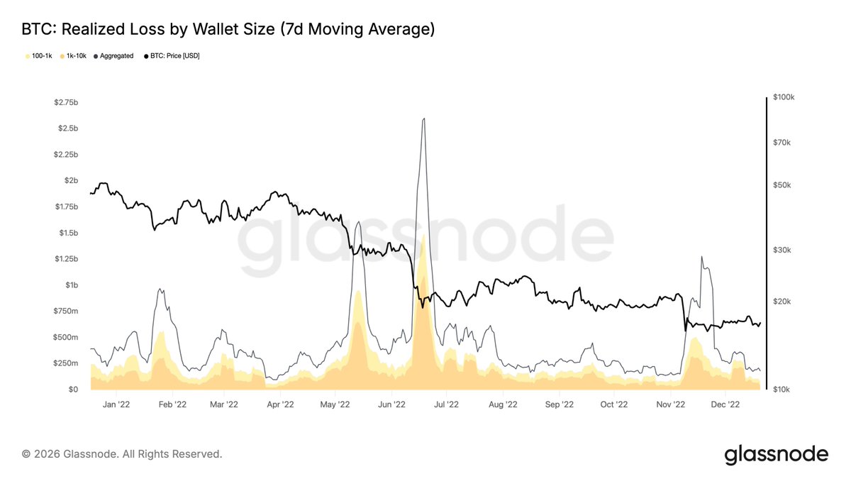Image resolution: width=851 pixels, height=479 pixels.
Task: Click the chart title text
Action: click(x=228, y=30)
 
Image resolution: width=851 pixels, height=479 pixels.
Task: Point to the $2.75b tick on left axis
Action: click(x=66, y=102)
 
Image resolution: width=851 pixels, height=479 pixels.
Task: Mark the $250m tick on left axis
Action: click(x=67, y=363)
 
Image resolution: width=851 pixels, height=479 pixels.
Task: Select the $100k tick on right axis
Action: click(x=782, y=97)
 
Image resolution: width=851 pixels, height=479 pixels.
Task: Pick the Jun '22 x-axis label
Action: click(x=391, y=404)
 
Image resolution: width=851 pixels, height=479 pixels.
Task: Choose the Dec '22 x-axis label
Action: click(x=725, y=404)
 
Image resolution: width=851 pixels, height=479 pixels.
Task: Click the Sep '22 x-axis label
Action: click(x=559, y=404)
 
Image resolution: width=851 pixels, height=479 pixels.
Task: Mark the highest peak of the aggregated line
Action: click(x=423, y=119)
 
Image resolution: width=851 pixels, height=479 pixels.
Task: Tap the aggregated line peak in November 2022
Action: click(x=701, y=257)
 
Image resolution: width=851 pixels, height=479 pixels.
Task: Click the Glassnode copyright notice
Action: click(x=122, y=453)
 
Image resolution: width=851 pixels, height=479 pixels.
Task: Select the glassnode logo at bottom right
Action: click(x=776, y=454)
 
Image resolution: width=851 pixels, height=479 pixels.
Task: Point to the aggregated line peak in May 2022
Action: click(x=357, y=222)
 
